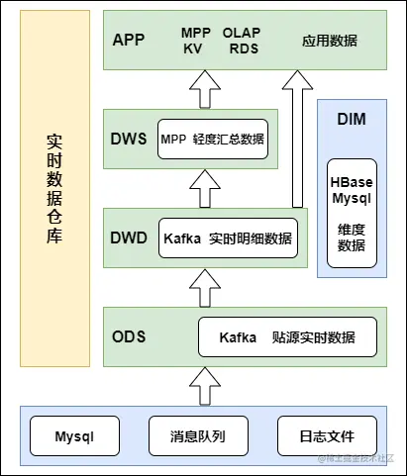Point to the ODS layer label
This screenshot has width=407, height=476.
click(130, 336)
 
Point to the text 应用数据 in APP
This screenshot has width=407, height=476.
click(330, 41)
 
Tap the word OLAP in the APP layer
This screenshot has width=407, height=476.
click(242, 33)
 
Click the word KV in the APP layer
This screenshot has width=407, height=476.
click(192, 48)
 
